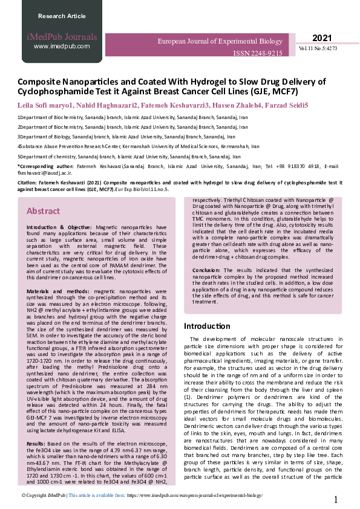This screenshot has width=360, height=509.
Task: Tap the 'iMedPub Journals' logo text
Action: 62,36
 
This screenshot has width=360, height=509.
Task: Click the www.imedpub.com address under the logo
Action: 62,46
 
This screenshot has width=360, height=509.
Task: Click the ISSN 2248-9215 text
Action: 258,53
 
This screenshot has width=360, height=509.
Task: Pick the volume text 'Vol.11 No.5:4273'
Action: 318,48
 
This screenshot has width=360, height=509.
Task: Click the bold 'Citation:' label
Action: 28,183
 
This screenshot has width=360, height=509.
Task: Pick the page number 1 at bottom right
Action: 336,499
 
